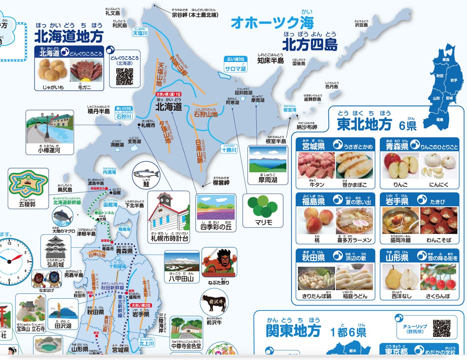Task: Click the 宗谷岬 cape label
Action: tap(194, 15)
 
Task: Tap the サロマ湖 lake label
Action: tap(235, 69)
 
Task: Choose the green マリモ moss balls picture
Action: tap(263, 207)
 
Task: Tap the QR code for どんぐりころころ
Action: tap(125, 76)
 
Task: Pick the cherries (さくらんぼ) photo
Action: tap(439, 278)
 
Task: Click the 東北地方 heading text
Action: tap(364, 124)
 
